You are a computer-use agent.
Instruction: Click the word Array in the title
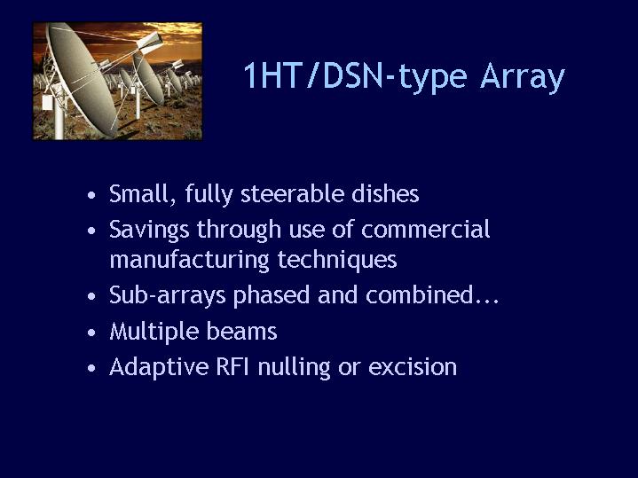[x=523, y=76]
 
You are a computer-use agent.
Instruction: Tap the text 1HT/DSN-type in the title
[x=355, y=76]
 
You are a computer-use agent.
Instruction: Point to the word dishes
[x=385, y=194]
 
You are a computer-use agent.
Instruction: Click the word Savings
[x=149, y=231]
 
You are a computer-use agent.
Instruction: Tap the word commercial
[x=425, y=229]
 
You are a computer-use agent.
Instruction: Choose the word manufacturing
[x=189, y=261]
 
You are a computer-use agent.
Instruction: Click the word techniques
[x=337, y=261]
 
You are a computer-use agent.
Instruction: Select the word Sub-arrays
[x=167, y=295]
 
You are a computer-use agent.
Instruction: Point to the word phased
[x=272, y=295]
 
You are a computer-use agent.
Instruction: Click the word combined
[x=420, y=295]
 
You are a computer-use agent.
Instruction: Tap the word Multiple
[x=154, y=332]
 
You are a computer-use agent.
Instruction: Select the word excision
[x=413, y=367]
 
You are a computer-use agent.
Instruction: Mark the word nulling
[x=294, y=368]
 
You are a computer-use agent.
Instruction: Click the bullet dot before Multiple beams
[x=91, y=333]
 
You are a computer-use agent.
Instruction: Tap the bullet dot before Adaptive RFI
[x=91, y=369]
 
